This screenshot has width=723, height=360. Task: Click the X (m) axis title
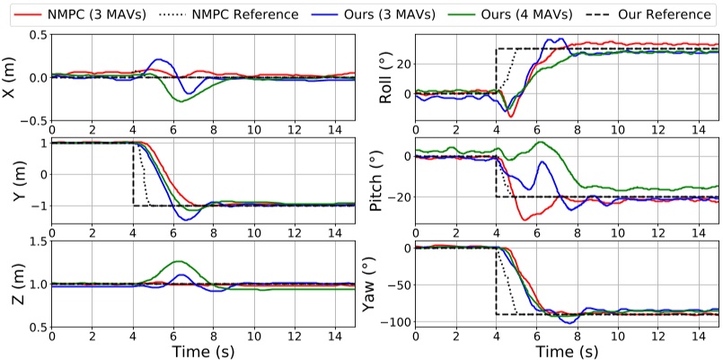tap(11, 77)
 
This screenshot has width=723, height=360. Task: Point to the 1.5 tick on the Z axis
tap(36, 241)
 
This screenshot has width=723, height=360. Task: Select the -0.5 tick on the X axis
tap(32, 120)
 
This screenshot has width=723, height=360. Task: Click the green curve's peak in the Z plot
tap(175, 261)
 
